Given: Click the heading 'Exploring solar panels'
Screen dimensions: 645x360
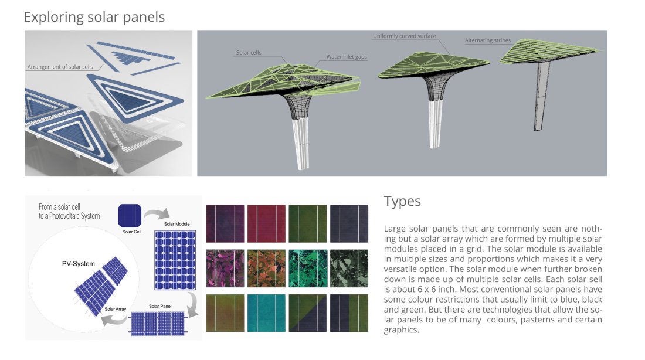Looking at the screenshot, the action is tap(94, 17).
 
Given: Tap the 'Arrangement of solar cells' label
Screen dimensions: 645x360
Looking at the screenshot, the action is tap(60, 67).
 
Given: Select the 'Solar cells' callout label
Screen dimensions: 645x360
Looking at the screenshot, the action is tap(249, 52).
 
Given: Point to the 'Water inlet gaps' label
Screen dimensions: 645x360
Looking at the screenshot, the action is tap(347, 57).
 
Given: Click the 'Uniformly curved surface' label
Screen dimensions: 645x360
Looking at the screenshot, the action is tap(405, 36).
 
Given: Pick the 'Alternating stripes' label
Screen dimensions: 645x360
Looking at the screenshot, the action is tap(488, 40).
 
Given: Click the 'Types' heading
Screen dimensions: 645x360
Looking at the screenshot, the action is tap(402, 201).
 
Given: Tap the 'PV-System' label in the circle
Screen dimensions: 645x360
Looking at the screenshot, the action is tap(78, 264).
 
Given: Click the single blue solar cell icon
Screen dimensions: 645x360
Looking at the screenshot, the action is tap(130, 216).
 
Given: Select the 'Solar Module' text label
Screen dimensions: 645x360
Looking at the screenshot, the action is tap(177, 224).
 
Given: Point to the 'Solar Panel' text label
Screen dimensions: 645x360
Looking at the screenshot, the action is tap(160, 306).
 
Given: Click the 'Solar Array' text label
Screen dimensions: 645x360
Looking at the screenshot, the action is tap(115, 309).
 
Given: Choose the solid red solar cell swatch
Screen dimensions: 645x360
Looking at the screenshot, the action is tap(266, 223).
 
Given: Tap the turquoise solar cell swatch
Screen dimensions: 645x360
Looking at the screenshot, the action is tap(266, 313).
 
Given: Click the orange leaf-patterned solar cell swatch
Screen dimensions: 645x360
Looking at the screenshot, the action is tap(266, 269).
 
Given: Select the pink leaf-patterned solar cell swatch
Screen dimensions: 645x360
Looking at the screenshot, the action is tap(225, 269).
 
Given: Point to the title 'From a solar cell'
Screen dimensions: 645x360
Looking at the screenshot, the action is tap(59, 207).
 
